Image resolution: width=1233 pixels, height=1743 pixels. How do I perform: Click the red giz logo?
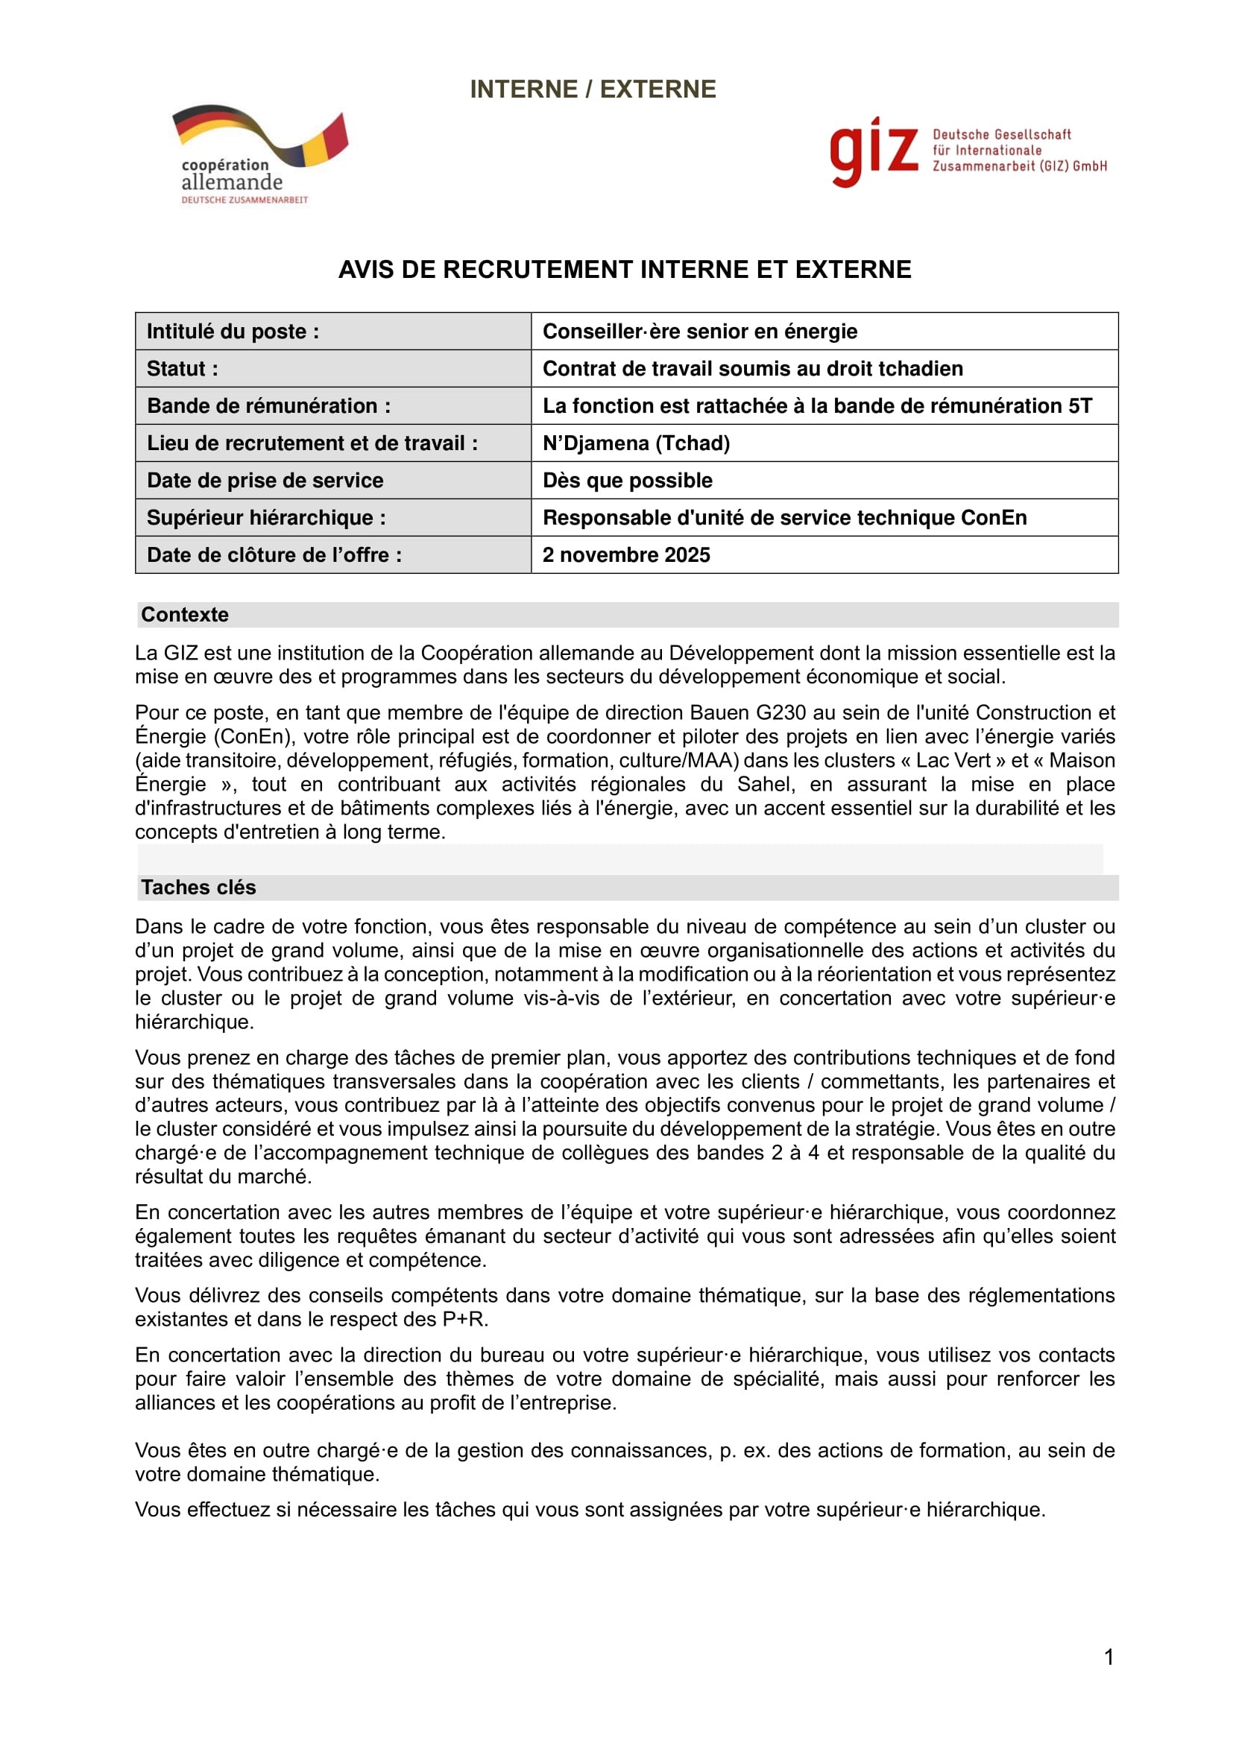[x=873, y=152]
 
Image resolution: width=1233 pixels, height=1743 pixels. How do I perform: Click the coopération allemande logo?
[x=258, y=154]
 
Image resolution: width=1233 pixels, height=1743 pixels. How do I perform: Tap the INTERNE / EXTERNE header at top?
[x=592, y=89]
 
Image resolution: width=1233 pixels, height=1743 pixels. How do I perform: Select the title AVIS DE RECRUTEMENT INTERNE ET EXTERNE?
[x=624, y=270]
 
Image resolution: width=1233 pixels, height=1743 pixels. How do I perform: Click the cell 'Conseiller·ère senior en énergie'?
[x=699, y=332]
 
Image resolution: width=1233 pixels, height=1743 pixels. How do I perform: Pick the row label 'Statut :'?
[x=182, y=369]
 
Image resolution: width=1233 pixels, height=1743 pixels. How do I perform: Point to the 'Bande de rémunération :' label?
[x=269, y=406]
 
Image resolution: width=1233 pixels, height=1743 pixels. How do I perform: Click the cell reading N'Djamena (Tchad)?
[x=635, y=443]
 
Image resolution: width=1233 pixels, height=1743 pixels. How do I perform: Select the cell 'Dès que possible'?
[x=627, y=481]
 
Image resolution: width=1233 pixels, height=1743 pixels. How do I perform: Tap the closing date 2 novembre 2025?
[x=625, y=555]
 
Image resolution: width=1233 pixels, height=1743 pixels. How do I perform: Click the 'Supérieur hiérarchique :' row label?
[x=265, y=518]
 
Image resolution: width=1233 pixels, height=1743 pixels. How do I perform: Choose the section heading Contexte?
[x=184, y=615]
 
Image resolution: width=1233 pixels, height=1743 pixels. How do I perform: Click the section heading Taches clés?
[x=198, y=888]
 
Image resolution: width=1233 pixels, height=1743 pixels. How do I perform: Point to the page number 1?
[x=1109, y=1657]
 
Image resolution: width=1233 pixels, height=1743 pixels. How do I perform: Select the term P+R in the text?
[x=462, y=1320]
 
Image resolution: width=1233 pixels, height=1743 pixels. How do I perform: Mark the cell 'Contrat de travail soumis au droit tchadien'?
[x=752, y=369]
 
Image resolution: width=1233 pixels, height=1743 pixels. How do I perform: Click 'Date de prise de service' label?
[x=265, y=481]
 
